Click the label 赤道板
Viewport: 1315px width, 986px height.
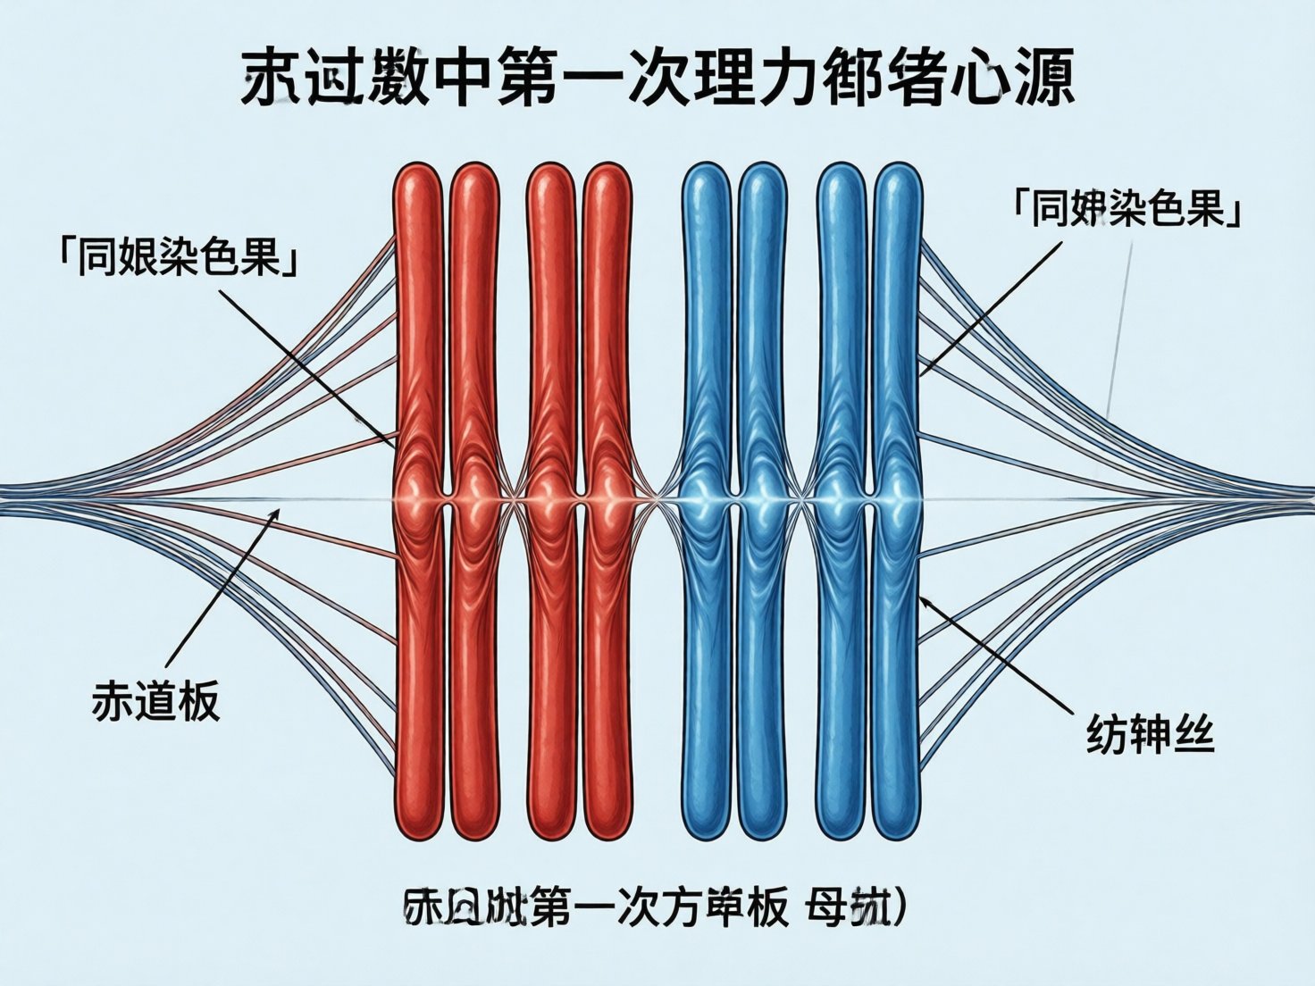(x=155, y=701)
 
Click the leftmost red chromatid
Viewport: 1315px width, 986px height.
(x=418, y=357)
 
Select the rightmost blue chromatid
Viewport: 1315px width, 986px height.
(x=897, y=357)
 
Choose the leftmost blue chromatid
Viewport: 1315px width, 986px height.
(x=707, y=357)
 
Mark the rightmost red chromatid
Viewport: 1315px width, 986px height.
(x=607, y=357)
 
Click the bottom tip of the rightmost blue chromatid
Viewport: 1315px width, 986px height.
(x=897, y=835)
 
